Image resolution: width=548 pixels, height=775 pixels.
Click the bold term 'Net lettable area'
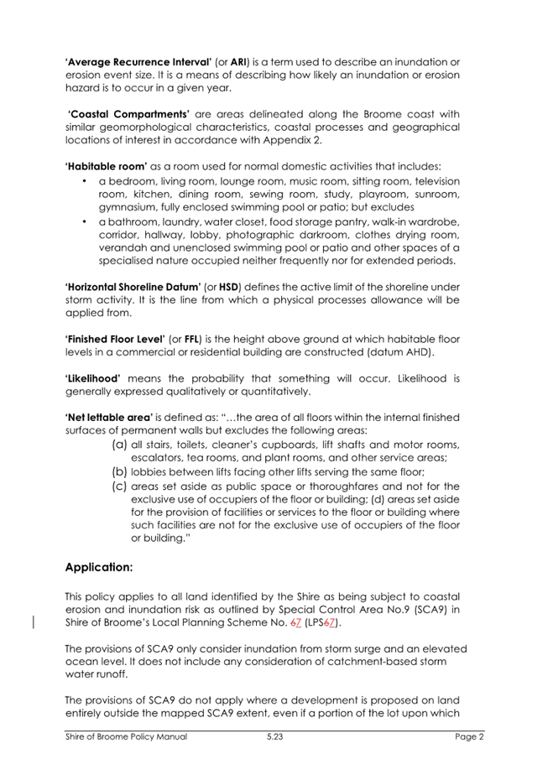click(109, 418)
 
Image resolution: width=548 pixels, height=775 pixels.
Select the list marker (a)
click(119, 445)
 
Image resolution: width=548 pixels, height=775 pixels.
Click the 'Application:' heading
click(99, 567)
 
